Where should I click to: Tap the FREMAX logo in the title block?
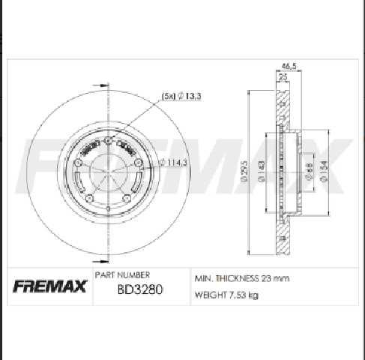pyautogui.click(x=52, y=286)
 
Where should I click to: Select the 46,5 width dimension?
pyautogui.click(x=288, y=66)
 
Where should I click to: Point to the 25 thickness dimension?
pyautogui.click(x=284, y=76)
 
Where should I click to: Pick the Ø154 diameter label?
pyautogui.click(x=324, y=170)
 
